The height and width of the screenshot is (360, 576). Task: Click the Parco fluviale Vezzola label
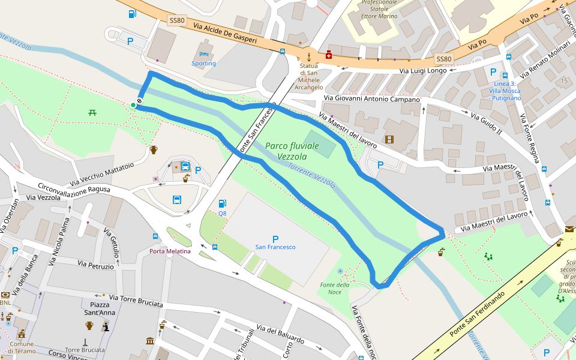pyautogui.click(x=293, y=151)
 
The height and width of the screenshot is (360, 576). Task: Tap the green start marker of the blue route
pyautogui.click(x=133, y=105)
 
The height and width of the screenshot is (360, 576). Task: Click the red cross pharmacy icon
pyautogui.click(x=329, y=55)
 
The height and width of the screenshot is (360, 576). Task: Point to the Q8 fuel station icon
pyautogui.click(x=223, y=204)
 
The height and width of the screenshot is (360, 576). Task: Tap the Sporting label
pyautogui.click(x=204, y=63)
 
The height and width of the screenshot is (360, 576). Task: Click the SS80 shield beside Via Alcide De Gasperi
pyautogui.click(x=176, y=20)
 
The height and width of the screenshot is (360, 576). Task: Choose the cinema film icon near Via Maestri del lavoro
pyautogui.click(x=390, y=140)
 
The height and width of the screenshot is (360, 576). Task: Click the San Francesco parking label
pyautogui.click(x=275, y=247)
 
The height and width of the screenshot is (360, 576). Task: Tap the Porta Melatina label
pyautogui.click(x=170, y=251)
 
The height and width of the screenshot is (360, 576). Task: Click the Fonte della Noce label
pyautogui.click(x=335, y=288)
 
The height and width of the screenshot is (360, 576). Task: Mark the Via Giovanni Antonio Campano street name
pyautogui.click(x=371, y=98)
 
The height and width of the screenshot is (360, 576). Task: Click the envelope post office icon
pyautogui.click(x=569, y=229)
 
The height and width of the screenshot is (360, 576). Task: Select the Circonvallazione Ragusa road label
pyautogui.click(x=73, y=188)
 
